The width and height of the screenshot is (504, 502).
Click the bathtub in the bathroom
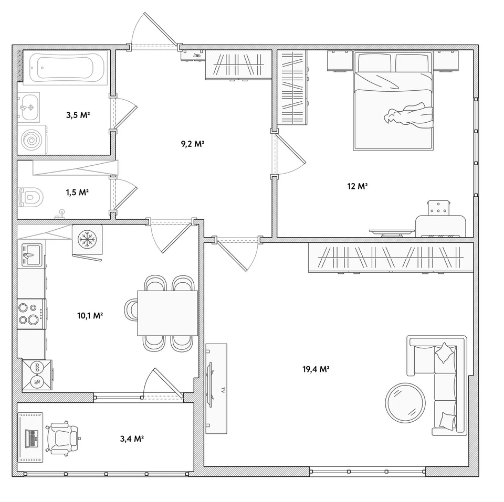click(66, 68)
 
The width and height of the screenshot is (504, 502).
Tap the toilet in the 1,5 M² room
click(31, 197)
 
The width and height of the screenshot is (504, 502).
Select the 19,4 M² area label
click(316, 369)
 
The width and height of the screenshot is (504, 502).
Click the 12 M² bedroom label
click(358, 186)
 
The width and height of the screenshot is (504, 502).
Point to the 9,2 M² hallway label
click(193, 144)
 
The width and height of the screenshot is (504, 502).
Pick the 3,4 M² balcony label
click(132, 439)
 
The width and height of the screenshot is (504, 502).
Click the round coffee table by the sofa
click(405, 403)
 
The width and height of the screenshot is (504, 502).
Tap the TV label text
click(223, 390)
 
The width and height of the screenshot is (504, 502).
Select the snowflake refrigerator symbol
click(87, 240)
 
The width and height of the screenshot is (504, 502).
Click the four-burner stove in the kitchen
click(31, 314)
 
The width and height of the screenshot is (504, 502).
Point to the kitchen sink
click(32, 255)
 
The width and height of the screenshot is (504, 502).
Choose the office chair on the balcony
click(63, 438)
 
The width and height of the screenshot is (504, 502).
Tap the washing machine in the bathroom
click(32, 140)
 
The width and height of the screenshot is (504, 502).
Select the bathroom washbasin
click(29, 108)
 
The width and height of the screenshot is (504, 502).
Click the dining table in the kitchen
click(167, 313)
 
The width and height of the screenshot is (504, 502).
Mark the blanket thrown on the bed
click(409, 116)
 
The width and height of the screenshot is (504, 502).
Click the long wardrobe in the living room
click(391, 258)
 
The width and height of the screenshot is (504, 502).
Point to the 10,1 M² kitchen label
click(90, 316)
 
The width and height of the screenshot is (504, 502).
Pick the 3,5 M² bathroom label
click(78, 115)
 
